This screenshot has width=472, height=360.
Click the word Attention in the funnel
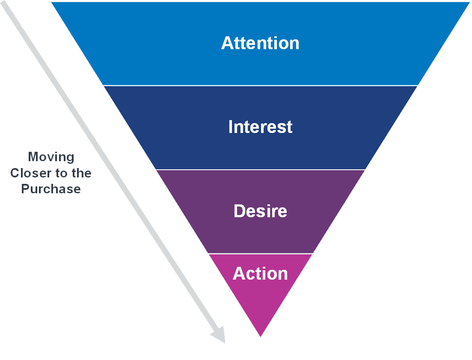(x=260, y=43)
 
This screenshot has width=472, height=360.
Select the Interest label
(x=260, y=127)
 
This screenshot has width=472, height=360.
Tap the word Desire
(x=260, y=211)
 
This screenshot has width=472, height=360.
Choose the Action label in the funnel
(x=260, y=274)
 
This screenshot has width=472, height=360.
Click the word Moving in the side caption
(x=51, y=157)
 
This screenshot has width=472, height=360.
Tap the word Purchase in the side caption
(x=51, y=189)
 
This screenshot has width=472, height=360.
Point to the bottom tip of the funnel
(x=260, y=337)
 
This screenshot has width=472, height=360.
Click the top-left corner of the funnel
(x=50, y=2)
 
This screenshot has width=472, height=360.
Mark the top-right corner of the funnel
(x=470, y=2)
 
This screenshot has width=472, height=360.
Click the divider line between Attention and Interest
(x=260, y=86)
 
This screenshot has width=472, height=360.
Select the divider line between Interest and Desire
(x=260, y=170)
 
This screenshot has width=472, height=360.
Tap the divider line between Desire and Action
(x=260, y=254)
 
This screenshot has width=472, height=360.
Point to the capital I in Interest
(x=231, y=127)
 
